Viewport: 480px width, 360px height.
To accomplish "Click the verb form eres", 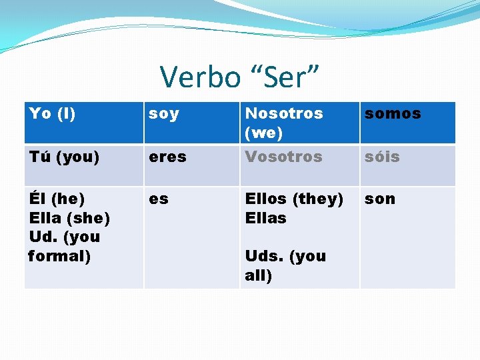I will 167,157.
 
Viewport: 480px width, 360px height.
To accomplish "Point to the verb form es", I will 159,199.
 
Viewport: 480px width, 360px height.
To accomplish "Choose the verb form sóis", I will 383,157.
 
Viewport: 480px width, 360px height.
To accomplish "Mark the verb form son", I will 380,199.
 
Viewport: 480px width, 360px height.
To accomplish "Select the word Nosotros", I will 284,114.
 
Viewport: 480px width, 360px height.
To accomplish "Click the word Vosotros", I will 283,157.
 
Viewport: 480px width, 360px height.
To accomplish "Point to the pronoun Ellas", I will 265,218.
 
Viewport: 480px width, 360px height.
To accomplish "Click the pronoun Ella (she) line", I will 69,218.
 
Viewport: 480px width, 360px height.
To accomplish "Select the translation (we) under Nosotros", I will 263,133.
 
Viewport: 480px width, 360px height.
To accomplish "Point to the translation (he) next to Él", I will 67,199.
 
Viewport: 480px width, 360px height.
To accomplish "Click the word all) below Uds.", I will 259,275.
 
